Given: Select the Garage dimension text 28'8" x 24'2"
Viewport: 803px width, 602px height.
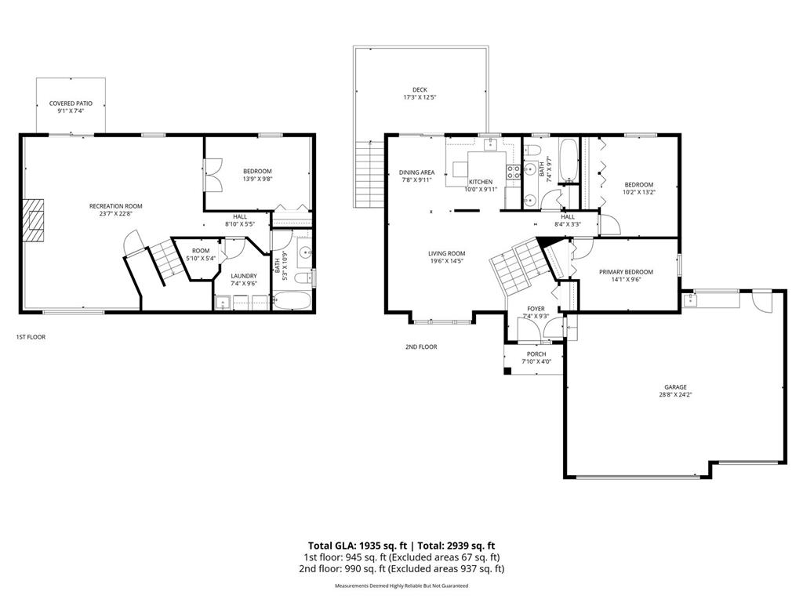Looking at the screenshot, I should pos(675,395).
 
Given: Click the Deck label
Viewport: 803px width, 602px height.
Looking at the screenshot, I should pos(420,89).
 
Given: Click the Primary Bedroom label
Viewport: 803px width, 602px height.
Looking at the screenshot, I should pos(626,272).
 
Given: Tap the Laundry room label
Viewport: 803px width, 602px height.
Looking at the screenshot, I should pos(243,276).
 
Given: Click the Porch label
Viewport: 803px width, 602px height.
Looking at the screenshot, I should pos(536,354).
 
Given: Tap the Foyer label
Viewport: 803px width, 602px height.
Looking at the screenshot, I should pos(536,309).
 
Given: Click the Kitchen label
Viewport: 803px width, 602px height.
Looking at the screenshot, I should pos(481,182).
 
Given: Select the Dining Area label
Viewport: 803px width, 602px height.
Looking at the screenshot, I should pos(416,172).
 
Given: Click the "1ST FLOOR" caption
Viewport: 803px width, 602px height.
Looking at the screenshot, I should pos(32,337).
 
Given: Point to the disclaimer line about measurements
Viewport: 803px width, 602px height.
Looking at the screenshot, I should pos(401,586).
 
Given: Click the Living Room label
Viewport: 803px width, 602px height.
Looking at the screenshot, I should pos(446,253).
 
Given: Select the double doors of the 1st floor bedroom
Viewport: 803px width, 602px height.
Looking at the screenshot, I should pos(213,174).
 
